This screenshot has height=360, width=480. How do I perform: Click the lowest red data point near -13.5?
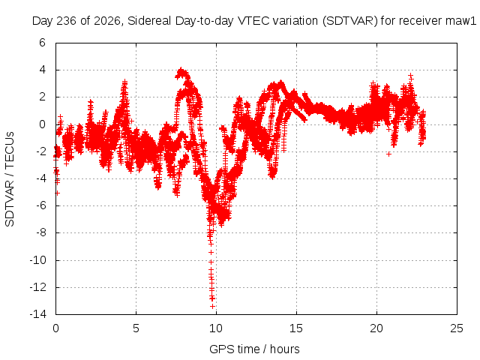[212, 306]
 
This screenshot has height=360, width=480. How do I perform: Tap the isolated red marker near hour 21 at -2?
[388, 154]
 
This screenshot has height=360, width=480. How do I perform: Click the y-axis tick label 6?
[42, 43]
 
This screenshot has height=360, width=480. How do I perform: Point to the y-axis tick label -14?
[37, 314]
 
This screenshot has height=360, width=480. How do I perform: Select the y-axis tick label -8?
[40, 232]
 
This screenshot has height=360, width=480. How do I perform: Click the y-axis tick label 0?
[42, 124]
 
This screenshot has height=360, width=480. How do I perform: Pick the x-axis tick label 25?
[457, 328]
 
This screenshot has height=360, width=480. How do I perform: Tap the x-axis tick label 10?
[216, 328]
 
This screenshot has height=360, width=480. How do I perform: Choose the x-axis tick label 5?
[136, 328]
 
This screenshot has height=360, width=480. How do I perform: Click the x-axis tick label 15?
[296, 328]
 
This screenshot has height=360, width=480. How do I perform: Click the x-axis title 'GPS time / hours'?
[254, 349]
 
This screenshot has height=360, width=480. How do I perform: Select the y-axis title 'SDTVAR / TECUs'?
[10, 179]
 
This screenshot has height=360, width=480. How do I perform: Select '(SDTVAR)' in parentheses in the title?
[350, 21]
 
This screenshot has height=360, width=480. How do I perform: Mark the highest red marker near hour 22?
[411, 75]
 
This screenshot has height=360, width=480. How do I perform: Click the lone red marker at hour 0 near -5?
[57, 193]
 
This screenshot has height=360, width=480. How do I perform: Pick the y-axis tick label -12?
[37, 287]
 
